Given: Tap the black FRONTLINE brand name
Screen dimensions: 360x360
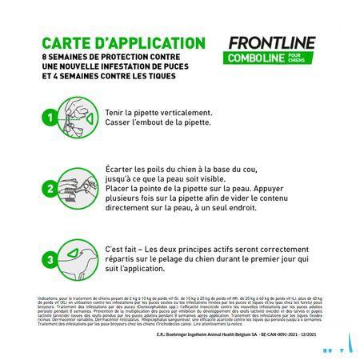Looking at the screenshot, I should click(273, 43).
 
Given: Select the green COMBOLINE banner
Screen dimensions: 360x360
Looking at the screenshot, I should click(254, 60).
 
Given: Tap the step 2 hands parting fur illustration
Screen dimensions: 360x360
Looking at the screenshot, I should click(80, 190).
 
